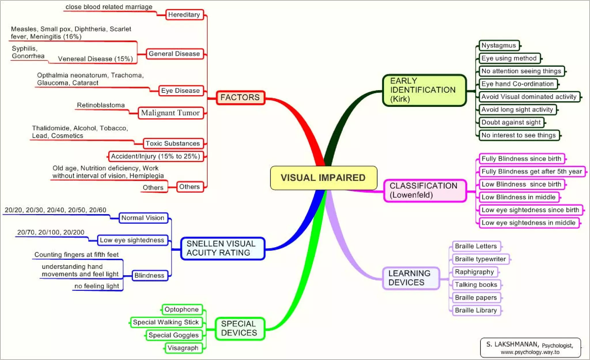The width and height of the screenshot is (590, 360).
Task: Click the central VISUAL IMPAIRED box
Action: point(323,178)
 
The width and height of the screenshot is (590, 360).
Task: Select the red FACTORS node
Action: point(240,97)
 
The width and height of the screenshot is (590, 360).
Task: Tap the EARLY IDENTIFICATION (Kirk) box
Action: point(424,90)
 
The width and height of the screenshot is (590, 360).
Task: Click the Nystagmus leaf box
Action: point(499,46)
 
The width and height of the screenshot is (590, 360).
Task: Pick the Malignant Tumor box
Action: point(171,113)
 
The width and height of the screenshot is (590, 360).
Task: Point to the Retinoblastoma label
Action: point(101,105)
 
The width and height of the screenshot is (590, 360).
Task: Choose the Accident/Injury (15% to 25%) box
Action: point(156,156)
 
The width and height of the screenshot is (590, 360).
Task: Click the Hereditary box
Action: point(184,15)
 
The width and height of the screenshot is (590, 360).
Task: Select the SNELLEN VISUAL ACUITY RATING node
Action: point(222,248)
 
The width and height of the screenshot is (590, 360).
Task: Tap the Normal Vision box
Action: point(143,218)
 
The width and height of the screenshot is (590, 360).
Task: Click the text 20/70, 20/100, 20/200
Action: point(51,232)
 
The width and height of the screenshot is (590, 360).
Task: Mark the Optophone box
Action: point(182,310)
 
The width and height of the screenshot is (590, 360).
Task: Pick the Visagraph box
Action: point(183,348)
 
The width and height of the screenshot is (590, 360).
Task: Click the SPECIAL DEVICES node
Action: point(239,328)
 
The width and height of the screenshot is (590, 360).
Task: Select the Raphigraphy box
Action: point(474,272)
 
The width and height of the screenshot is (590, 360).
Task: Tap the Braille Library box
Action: point(476,310)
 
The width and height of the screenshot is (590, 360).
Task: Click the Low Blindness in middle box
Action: point(519,197)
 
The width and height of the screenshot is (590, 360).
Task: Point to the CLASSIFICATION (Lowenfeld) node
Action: point(425,190)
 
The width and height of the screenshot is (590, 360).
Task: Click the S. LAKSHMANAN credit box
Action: point(530,347)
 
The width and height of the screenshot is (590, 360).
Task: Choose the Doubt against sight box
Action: point(511,122)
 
